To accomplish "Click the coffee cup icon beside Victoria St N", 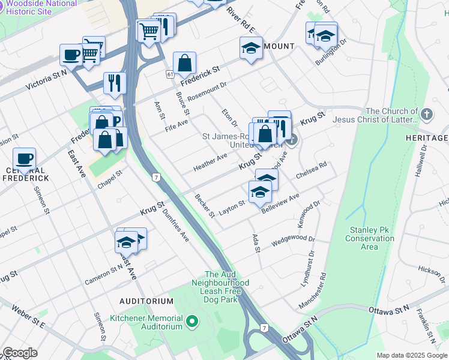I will pos(71,56).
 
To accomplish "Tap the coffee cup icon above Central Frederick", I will pos(25,159).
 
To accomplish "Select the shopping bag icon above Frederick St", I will pos(185,62).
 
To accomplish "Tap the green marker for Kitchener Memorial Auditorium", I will pos(193,323).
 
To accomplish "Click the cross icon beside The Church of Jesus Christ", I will pos(426,114).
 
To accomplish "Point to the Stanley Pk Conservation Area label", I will pos(370,238).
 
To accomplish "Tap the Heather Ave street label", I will pos(210,162).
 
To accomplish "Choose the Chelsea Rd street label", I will pos(312,170).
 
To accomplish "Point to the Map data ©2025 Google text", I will pos(412,355).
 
